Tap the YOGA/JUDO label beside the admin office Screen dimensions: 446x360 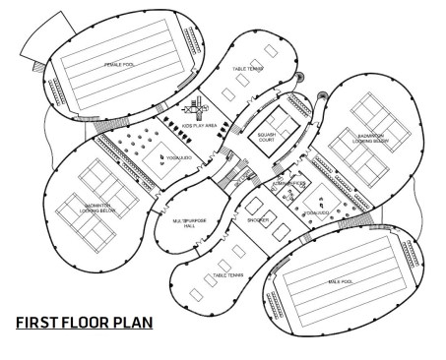315,210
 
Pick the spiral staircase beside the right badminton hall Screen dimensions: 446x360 323,96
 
